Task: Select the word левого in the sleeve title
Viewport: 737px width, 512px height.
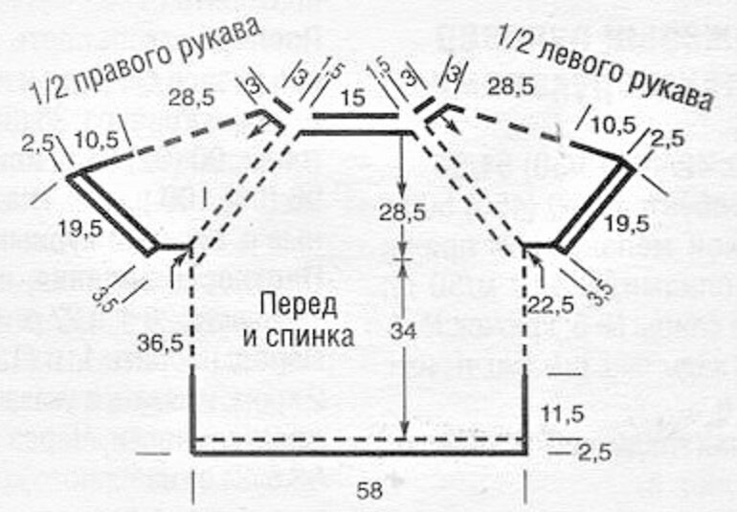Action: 580,56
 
